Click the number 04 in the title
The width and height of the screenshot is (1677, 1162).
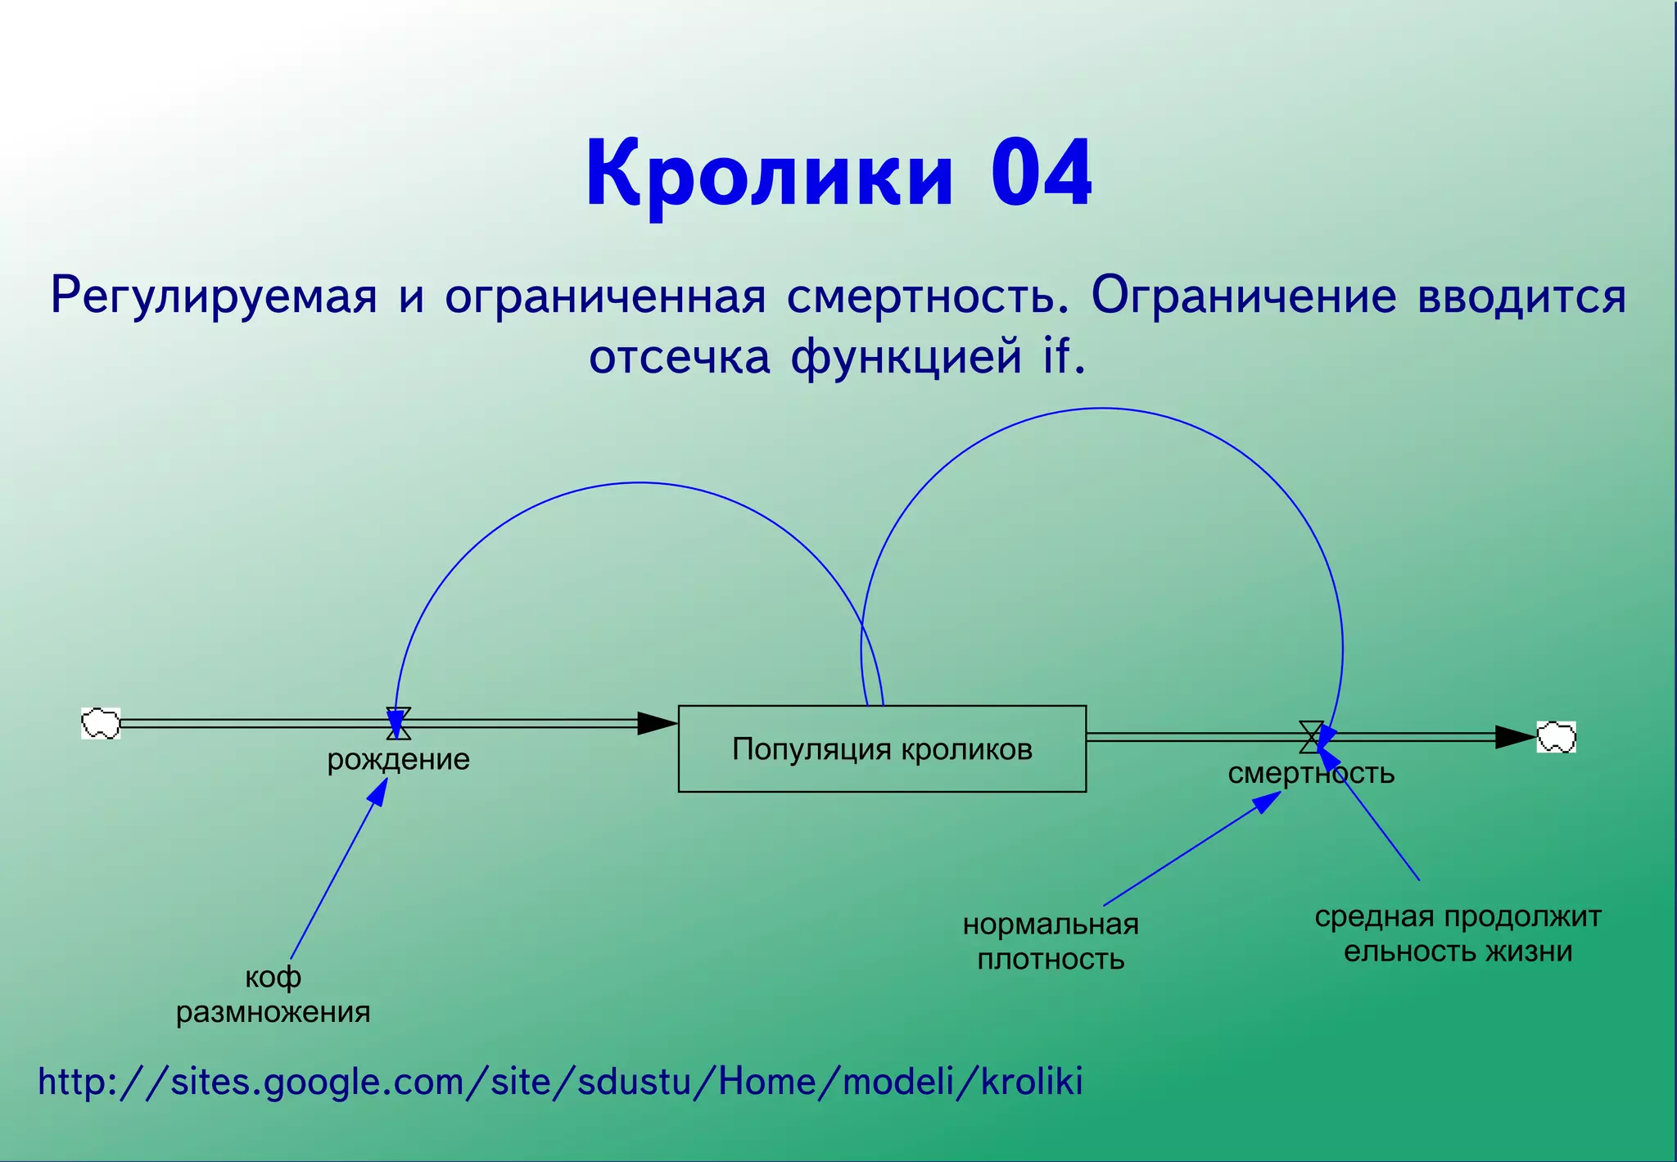(1041, 174)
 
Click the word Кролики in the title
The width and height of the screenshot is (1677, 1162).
(769, 174)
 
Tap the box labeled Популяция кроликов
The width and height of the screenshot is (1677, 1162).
(882, 748)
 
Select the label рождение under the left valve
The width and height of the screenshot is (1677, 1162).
(398, 759)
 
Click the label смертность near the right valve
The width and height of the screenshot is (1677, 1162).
(1310, 773)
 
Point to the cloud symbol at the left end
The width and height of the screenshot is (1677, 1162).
(101, 723)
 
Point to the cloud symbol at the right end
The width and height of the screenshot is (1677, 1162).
(1556, 737)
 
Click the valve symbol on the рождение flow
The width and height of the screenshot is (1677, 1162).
(399, 723)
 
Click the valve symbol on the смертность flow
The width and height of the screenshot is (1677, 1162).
(1311, 736)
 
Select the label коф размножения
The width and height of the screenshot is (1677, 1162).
(273, 994)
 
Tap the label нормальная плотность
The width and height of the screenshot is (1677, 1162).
(1051, 941)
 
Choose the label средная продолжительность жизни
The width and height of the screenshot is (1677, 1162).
(1458, 934)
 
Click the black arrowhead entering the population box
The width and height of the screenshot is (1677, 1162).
(657, 723)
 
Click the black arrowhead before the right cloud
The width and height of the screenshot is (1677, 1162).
(1514, 737)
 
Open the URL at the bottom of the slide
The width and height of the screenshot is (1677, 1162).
(560, 1082)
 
